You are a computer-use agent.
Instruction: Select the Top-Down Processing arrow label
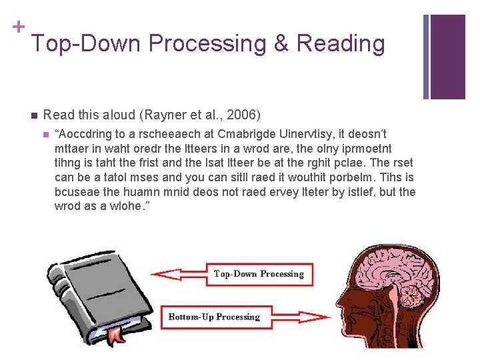click(258, 274)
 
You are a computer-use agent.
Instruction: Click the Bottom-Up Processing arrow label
click(214, 317)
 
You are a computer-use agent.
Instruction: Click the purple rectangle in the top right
click(448, 57)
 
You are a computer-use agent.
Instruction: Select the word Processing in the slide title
click(210, 43)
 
